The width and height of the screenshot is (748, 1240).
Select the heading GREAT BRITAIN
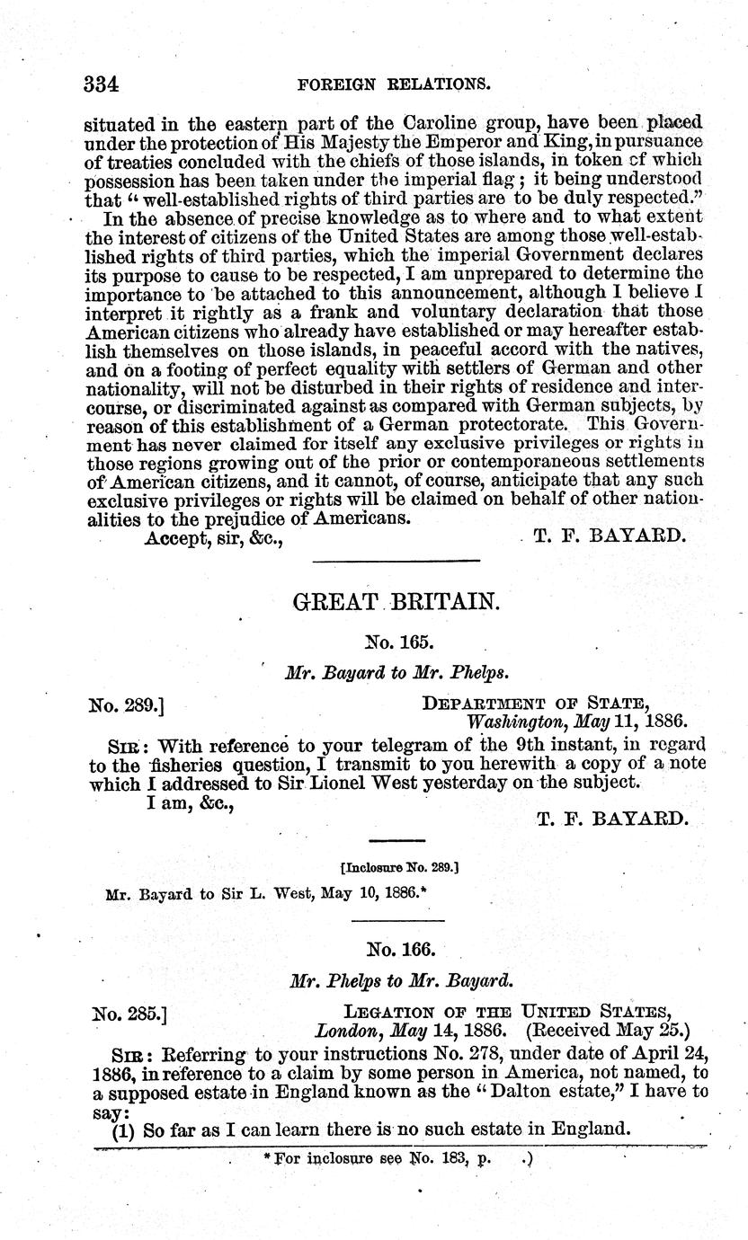pyautogui.click(x=396, y=603)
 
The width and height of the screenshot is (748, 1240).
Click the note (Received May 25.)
pyautogui.click(x=610, y=1031)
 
